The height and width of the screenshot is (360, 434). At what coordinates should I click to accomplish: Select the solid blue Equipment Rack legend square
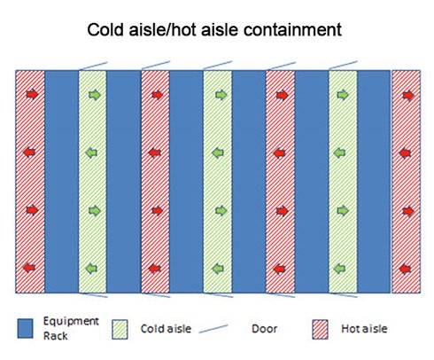(25, 328)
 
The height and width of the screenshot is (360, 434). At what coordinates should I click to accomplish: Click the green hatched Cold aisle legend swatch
(120, 329)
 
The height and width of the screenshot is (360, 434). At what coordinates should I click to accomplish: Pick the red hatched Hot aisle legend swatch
(321, 329)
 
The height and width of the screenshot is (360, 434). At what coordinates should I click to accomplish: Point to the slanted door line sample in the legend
(213, 329)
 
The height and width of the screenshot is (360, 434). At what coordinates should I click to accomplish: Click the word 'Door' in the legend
(264, 329)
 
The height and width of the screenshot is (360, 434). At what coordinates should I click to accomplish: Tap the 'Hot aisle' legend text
(364, 329)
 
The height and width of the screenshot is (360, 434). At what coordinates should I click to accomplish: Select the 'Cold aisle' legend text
(166, 329)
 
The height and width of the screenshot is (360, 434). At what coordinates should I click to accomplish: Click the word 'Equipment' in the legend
(71, 322)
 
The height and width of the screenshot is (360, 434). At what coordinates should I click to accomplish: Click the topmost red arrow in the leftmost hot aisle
(32, 95)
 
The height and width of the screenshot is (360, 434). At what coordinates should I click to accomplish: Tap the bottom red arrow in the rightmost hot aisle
(405, 269)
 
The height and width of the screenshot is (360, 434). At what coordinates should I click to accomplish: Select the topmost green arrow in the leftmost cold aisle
(95, 95)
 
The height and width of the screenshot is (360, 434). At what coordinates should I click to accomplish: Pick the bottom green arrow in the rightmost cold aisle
(339, 269)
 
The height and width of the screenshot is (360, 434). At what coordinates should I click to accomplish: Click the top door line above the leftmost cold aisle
(93, 67)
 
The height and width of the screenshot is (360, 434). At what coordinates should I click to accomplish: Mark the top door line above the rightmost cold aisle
(343, 66)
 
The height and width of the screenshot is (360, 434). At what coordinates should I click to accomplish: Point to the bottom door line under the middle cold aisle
(219, 295)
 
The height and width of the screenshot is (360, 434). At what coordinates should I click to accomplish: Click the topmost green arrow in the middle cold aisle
(221, 95)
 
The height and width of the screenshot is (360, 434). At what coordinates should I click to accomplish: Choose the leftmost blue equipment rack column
(61, 182)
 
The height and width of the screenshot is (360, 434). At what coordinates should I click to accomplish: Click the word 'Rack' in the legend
(56, 336)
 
